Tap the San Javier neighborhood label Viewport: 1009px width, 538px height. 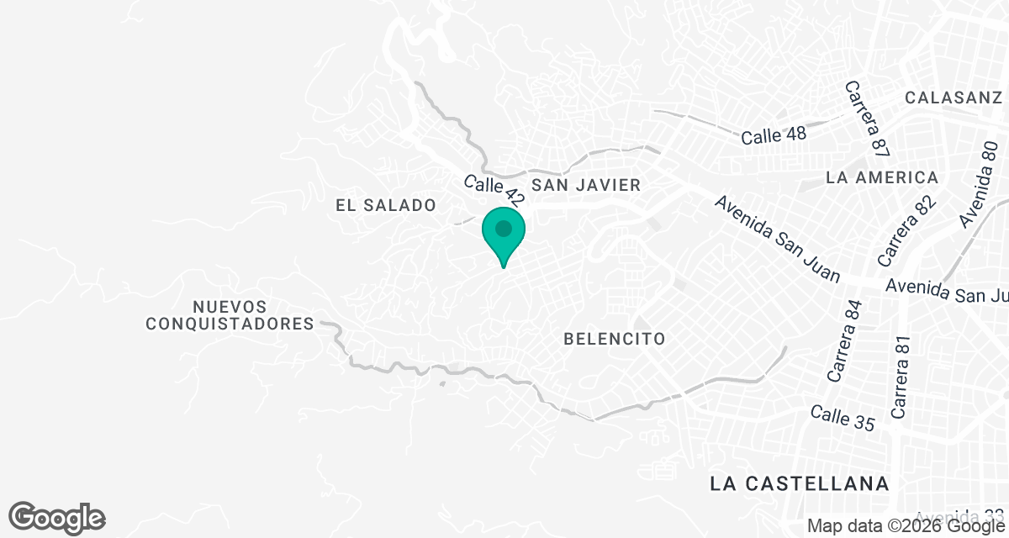[x=586, y=185]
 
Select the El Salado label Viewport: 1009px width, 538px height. [x=385, y=205]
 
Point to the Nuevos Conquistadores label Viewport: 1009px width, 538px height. [x=230, y=315]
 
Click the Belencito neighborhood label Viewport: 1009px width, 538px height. [x=615, y=339]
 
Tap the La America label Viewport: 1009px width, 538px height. [x=882, y=177]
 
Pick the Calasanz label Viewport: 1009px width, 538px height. [x=954, y=98]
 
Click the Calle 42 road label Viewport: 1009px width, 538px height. [x=495, y=191]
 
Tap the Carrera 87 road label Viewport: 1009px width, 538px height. [x=868, y=119]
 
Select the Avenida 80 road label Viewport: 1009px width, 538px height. [x=979, y=184]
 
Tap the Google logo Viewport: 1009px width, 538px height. [x=56, y=516]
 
